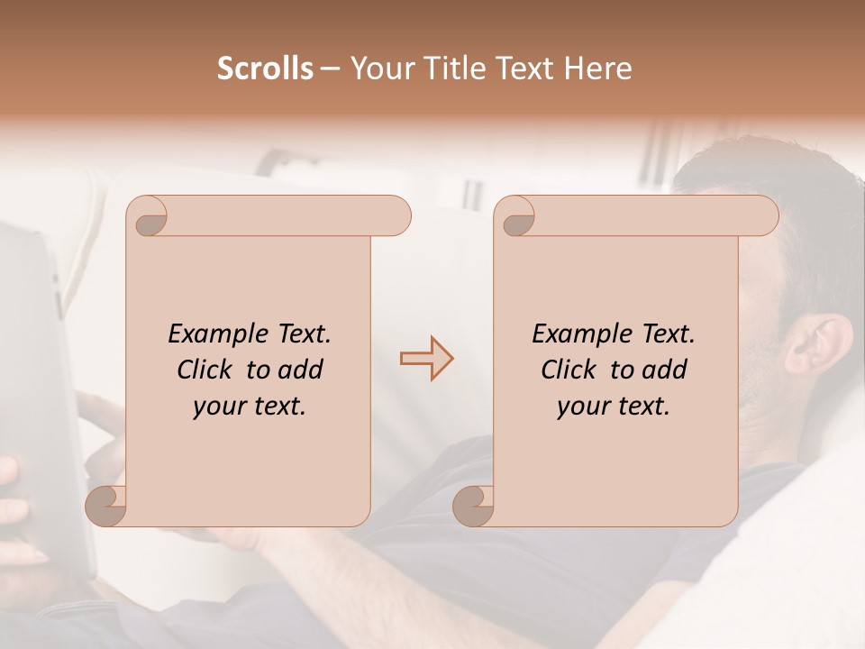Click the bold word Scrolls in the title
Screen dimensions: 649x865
(265, 69)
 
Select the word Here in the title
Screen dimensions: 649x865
(599, 69)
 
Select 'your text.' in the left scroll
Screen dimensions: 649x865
(250, 406)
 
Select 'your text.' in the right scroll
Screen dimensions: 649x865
(614, 406)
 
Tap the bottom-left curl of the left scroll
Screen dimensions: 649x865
(106, 506)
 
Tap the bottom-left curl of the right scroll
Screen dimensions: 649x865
(473, 506)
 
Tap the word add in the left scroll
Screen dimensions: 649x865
(302, 370)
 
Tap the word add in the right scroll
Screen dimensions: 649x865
(666, 370)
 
